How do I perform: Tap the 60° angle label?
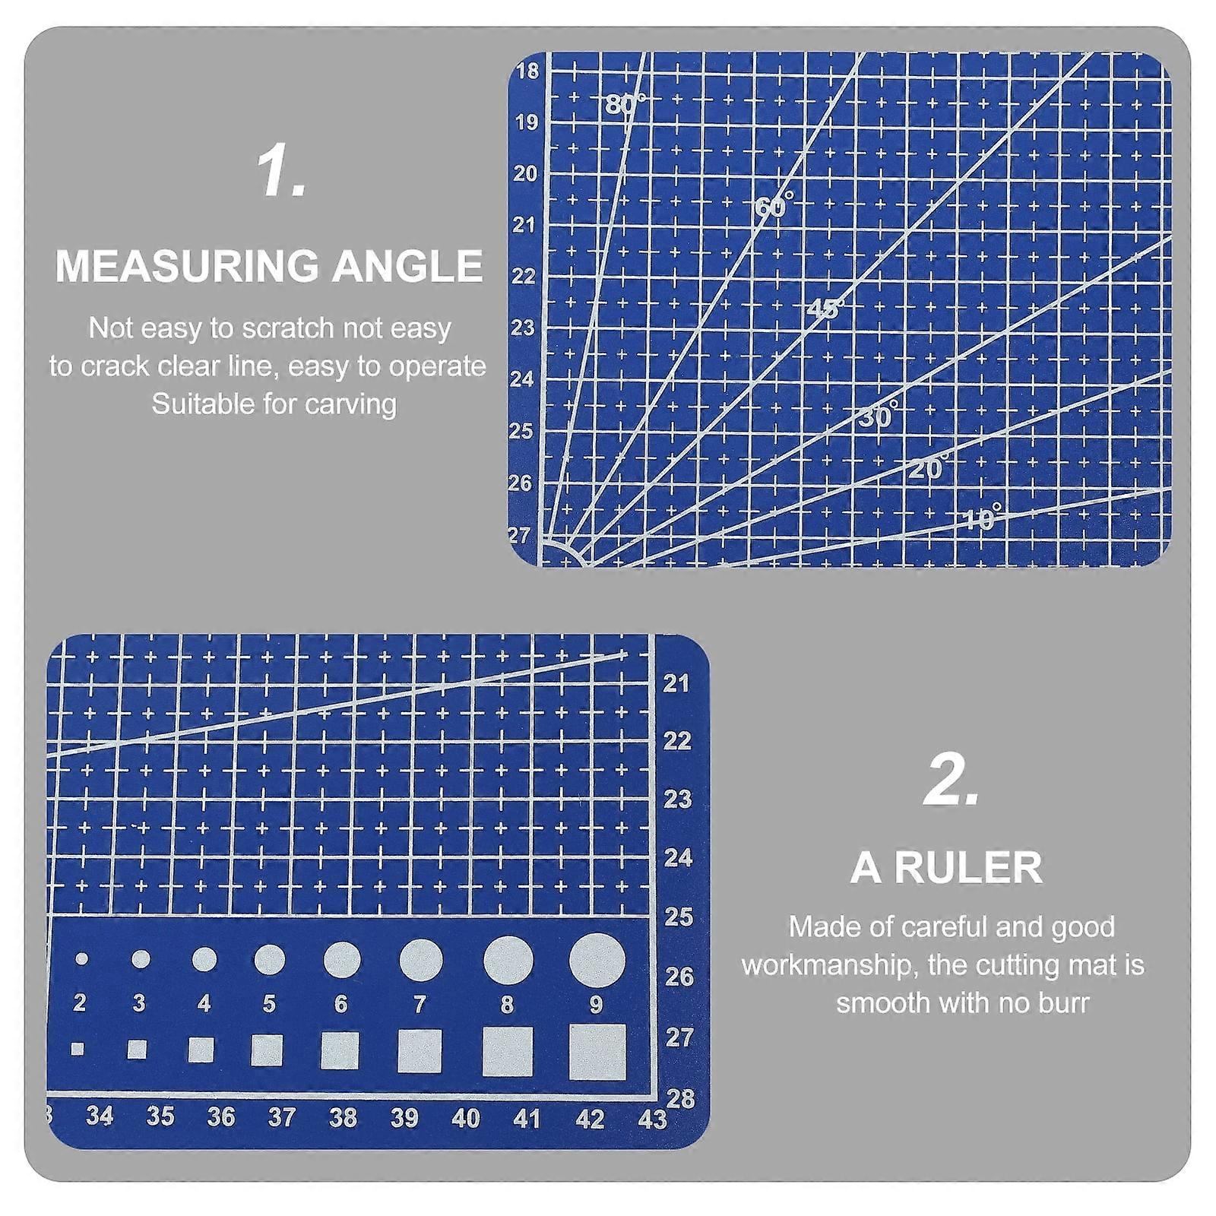point(774,205)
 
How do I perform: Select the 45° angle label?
point(825,309)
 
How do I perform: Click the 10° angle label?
point(982,518)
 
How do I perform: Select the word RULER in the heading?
point(968,868)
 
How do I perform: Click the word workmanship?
point(831,965)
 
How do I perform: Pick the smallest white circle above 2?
point(81,959)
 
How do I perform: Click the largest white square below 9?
point(597,1052)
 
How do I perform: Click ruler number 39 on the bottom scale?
point(404,1117)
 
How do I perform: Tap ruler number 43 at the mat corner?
point(653,1119)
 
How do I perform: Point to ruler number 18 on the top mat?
point(527,71)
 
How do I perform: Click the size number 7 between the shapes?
point(420,1005)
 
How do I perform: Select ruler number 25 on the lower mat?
point(679,917)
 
